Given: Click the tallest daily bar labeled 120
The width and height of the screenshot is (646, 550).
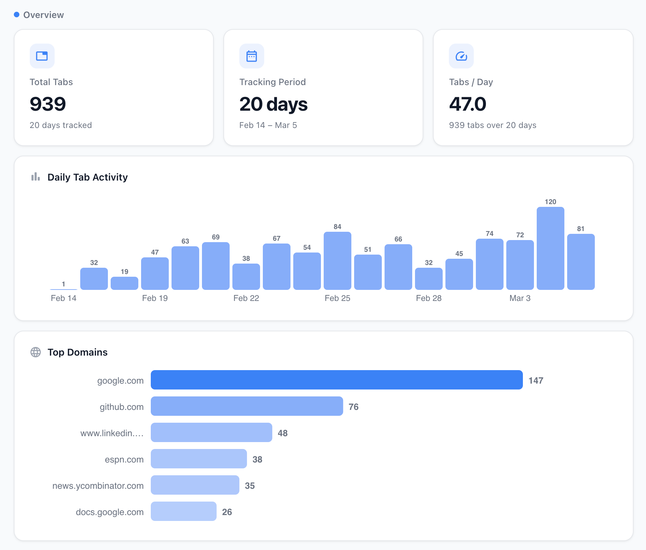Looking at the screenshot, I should coord(550,248).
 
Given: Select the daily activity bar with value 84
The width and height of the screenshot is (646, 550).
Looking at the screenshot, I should coord(337,261).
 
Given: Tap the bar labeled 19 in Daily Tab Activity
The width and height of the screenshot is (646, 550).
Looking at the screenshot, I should coord(124,283).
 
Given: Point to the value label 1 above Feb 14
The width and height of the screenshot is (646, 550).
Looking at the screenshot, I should coord(64,284).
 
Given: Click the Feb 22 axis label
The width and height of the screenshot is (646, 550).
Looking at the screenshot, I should coord(246,298).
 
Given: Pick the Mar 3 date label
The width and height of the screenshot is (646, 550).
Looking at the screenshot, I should coord(520,298).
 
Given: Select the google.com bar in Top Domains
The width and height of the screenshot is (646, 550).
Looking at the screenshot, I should coord(336,380).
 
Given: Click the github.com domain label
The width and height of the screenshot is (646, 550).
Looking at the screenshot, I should coord(121,407).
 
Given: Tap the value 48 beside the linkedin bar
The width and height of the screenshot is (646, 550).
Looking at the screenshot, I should coord(283,433).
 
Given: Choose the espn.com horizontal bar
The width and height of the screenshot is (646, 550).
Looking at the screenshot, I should coord(199,459).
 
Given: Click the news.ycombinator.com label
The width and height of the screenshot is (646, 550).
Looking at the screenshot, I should coord(98,486).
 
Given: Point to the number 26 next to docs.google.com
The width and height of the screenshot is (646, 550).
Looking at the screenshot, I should coord(227,512).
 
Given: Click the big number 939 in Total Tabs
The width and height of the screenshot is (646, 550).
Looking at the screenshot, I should coord(48,104).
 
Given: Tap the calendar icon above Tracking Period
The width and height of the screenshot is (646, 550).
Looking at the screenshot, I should coord(251,56).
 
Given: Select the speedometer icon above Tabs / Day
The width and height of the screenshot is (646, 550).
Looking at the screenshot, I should coord(461,56).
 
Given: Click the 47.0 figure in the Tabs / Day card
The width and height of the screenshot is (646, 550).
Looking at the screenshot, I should coord(467,104).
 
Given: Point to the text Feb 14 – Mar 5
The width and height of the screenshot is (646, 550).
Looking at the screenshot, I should coord(268,125).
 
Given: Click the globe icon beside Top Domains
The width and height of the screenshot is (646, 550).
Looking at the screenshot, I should coord(36,352).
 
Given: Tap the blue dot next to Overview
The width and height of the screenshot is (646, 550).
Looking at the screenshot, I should coord(17,15).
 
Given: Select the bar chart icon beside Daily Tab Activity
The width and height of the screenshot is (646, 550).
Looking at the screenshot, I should coord(36,177).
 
